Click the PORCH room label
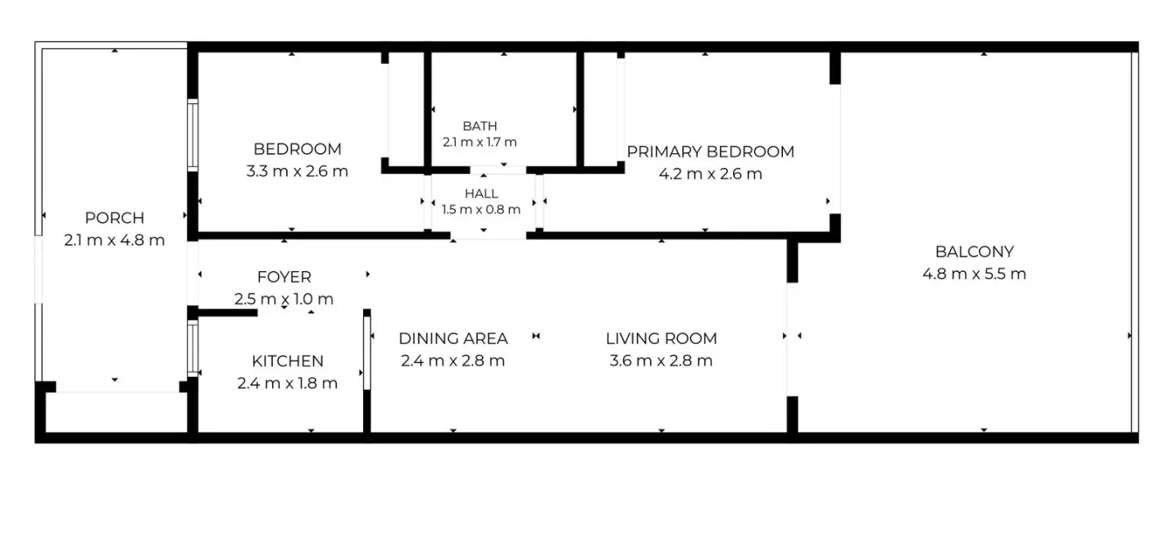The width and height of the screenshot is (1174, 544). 114,218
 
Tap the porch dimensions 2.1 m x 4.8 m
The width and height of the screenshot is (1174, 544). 114,240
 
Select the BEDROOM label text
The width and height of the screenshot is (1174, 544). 297,149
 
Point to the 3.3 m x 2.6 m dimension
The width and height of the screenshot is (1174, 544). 297,171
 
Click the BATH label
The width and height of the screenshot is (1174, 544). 480,126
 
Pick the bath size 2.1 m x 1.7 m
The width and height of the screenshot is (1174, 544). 480,142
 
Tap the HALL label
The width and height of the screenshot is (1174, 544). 481,193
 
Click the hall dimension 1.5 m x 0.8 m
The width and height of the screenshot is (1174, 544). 481,210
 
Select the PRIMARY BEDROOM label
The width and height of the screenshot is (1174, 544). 710,152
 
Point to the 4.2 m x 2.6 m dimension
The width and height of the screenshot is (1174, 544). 710,174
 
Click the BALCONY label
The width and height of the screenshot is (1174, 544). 974,252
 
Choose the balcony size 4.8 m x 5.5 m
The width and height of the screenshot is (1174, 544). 974,274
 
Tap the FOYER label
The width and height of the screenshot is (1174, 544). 284,277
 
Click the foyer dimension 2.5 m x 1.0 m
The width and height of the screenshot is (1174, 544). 284,299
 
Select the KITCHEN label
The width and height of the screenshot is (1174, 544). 287,361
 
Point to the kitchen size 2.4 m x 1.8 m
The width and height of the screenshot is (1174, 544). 287,383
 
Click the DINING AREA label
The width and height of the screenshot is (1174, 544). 453,338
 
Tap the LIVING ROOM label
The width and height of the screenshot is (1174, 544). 661,338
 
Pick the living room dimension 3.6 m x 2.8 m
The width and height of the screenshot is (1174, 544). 661,360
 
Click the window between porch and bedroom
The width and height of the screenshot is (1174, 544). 193,134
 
